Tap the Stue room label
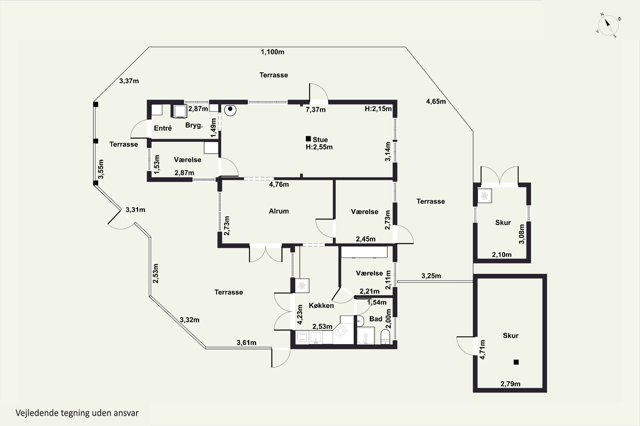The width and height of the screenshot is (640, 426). click(320, 140)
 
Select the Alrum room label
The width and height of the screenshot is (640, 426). click(279, 211)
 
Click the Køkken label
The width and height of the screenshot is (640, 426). click(321, 306)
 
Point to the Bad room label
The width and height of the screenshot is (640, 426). click(376, 319)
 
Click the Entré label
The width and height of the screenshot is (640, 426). click(163, 128)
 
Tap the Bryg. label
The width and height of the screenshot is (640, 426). click(194, 125)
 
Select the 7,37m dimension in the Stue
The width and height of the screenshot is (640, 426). click(316, 110)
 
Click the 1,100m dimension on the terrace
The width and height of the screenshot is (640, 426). click(272, 52)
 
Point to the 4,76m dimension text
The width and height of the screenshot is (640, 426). click(279, 184)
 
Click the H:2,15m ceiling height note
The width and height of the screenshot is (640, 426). click(378, 109)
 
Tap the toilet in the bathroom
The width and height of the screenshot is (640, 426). click(385, 337)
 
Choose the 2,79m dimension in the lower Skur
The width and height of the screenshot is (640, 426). click(510, 384)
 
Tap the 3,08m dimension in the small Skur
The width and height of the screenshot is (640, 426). click(521, 234)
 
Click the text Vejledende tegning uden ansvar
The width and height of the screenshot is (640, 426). click(77, 413)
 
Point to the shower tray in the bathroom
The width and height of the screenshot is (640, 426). click(366, 336)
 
